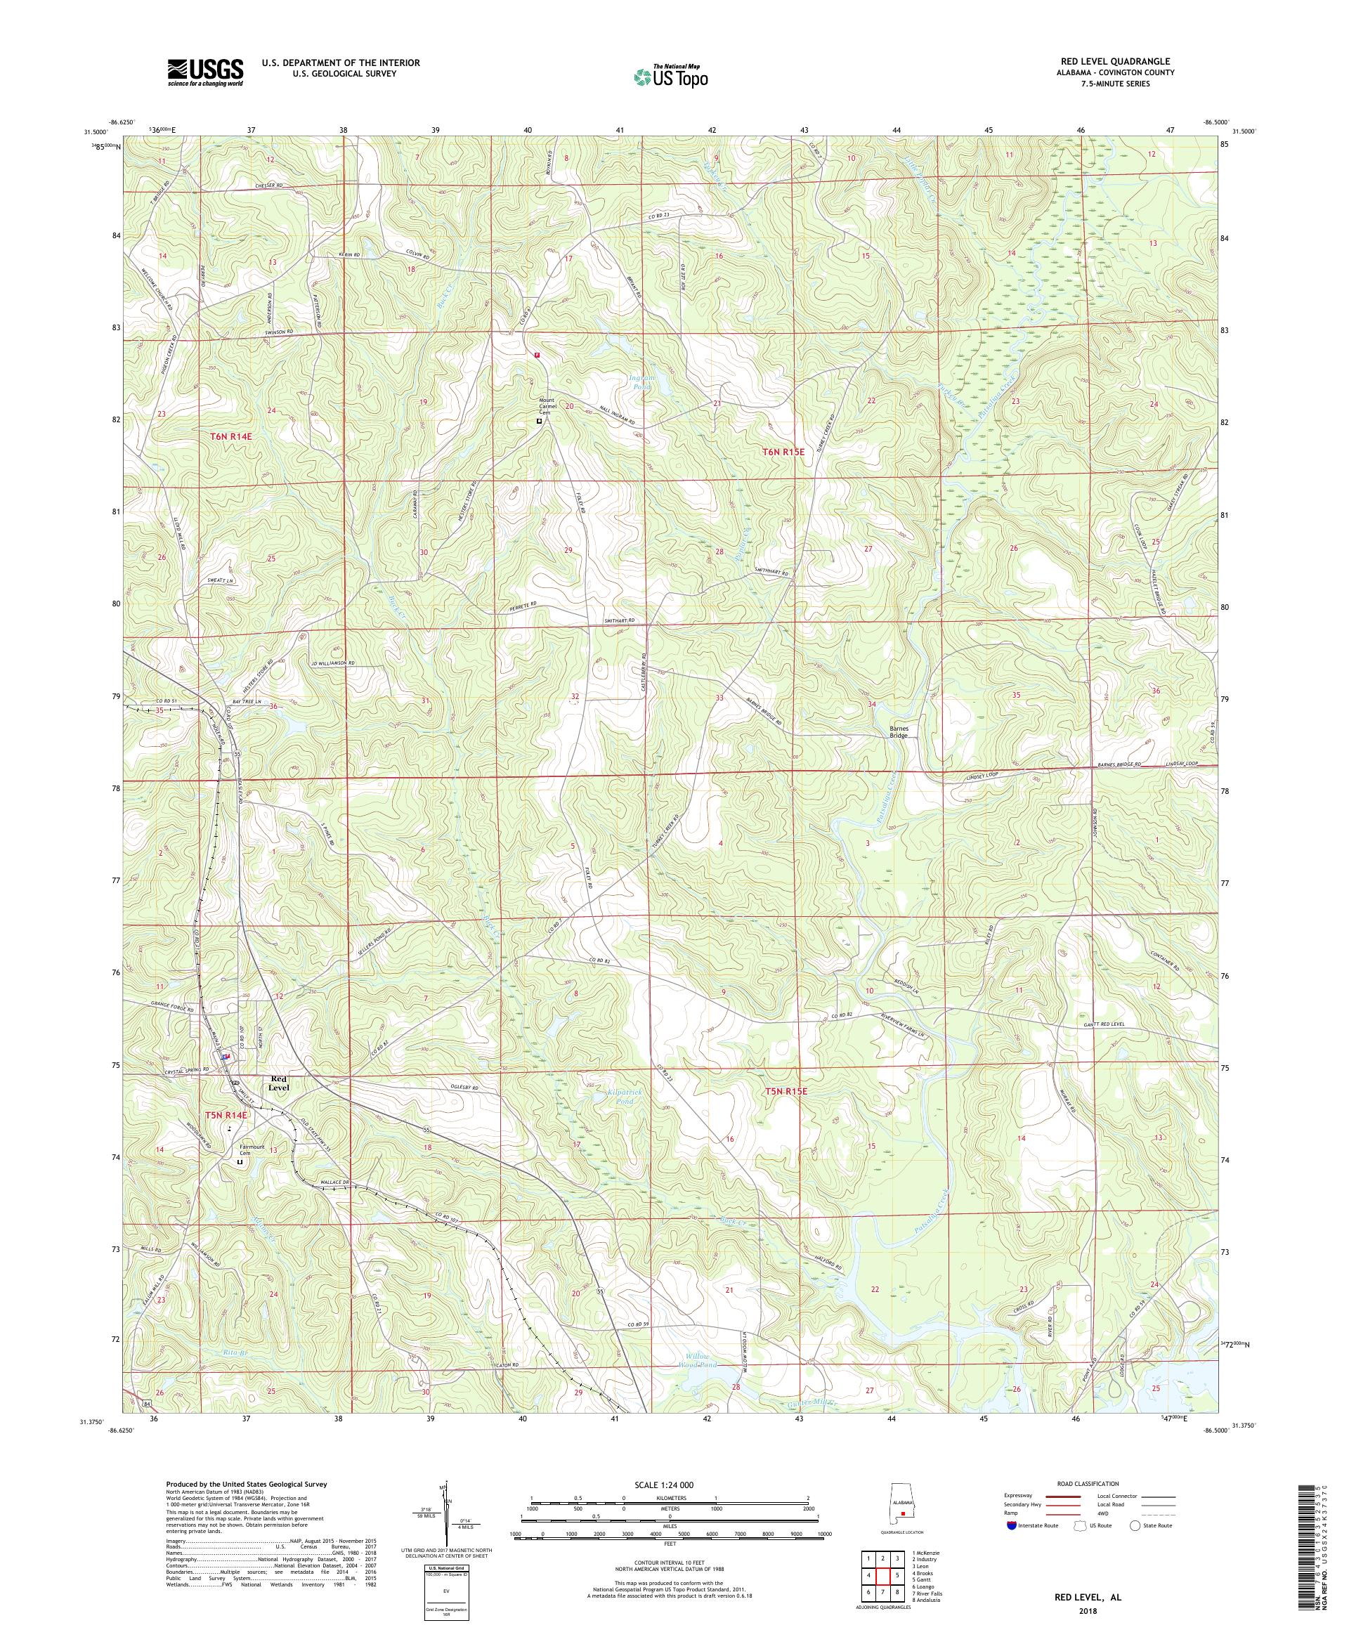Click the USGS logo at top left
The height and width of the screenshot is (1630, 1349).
pos(206,72)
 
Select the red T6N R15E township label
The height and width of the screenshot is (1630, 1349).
pos(792,450)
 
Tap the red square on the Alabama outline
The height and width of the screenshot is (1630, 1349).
pos(903,1512)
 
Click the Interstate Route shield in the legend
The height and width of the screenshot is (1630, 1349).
pos(1010,1525)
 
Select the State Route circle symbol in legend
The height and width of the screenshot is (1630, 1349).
pos(1134,1525)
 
